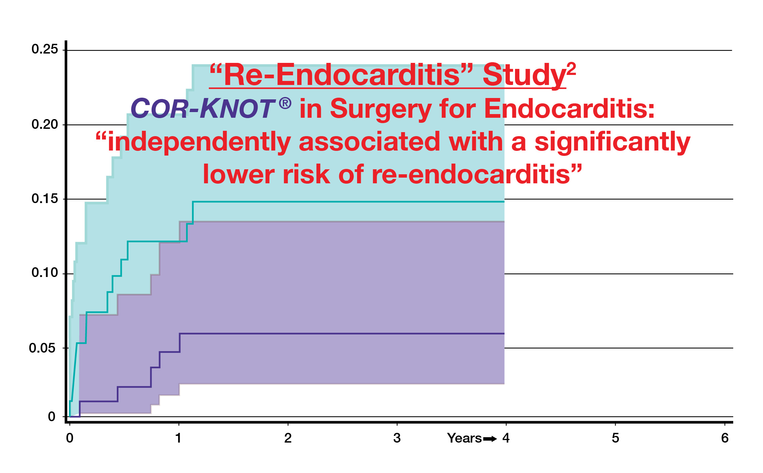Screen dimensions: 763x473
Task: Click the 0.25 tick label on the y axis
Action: [x=45, y=49]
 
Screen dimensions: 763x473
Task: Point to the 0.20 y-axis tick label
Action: [x=45, y=124]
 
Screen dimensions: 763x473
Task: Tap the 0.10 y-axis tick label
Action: [x=45, y=273]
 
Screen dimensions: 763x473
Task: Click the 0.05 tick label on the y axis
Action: [x=42, y=348]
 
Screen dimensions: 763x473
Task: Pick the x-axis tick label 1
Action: [x=178, y=438]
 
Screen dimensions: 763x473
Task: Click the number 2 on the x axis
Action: [x=288, y=438]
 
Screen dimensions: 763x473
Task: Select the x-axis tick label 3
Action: [x=397, y=438]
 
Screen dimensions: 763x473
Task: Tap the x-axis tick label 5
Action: [x=615, y=438]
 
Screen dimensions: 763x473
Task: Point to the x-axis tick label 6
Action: [x=725, y=438]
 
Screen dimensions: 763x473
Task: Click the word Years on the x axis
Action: [x=464, y=438]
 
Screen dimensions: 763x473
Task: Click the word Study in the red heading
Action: [x=524, y=76]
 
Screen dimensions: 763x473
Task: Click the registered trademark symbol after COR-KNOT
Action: [x=285, y=103]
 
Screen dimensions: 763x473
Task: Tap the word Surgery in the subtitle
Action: [x=380, y=109]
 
